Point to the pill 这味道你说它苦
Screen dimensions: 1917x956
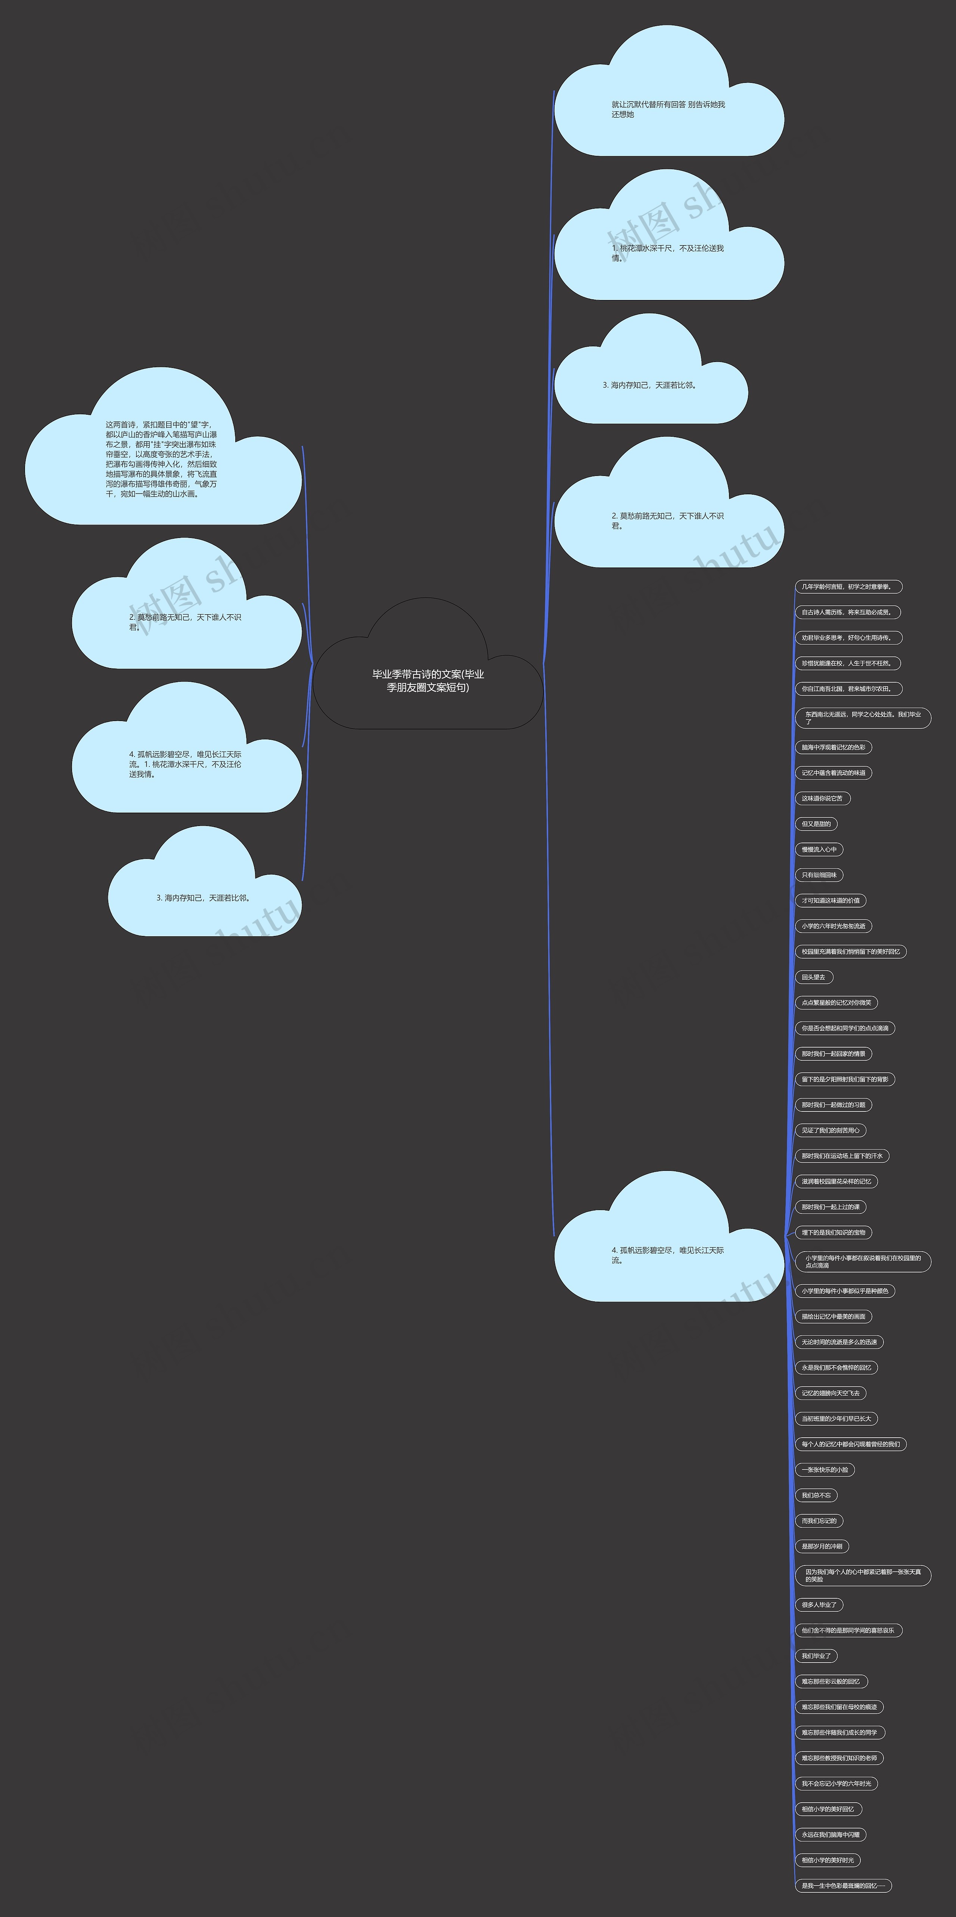(x=822, y=798)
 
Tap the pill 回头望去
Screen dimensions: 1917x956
(x=814, y=977)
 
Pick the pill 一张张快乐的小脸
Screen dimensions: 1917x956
(x=825, y=1470)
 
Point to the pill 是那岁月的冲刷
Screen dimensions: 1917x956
(x=822, y=1546)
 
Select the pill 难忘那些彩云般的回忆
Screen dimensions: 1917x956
(x=831, y=1681)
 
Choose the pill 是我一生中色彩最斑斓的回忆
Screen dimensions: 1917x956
(x=843, y=1886)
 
